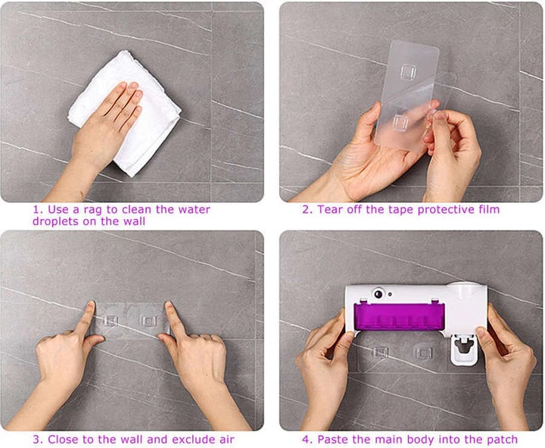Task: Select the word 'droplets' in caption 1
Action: click(x=55, y=221)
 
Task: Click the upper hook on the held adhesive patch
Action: click(x=408, y=72)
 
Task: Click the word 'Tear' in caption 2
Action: click(x=329, y=209)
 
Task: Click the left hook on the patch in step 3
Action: click(x=111, y=321)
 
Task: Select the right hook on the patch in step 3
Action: click(x=148, y=321)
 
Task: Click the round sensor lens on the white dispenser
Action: click(x=378, y=294)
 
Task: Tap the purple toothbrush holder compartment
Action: click(x=399, y=316)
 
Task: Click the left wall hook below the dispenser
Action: click(x=380, y=352)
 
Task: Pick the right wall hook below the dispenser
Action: click(x=424, y=353)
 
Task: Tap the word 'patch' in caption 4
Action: click(x=503, y=440)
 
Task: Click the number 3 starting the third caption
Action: click(x=36, y=440)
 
